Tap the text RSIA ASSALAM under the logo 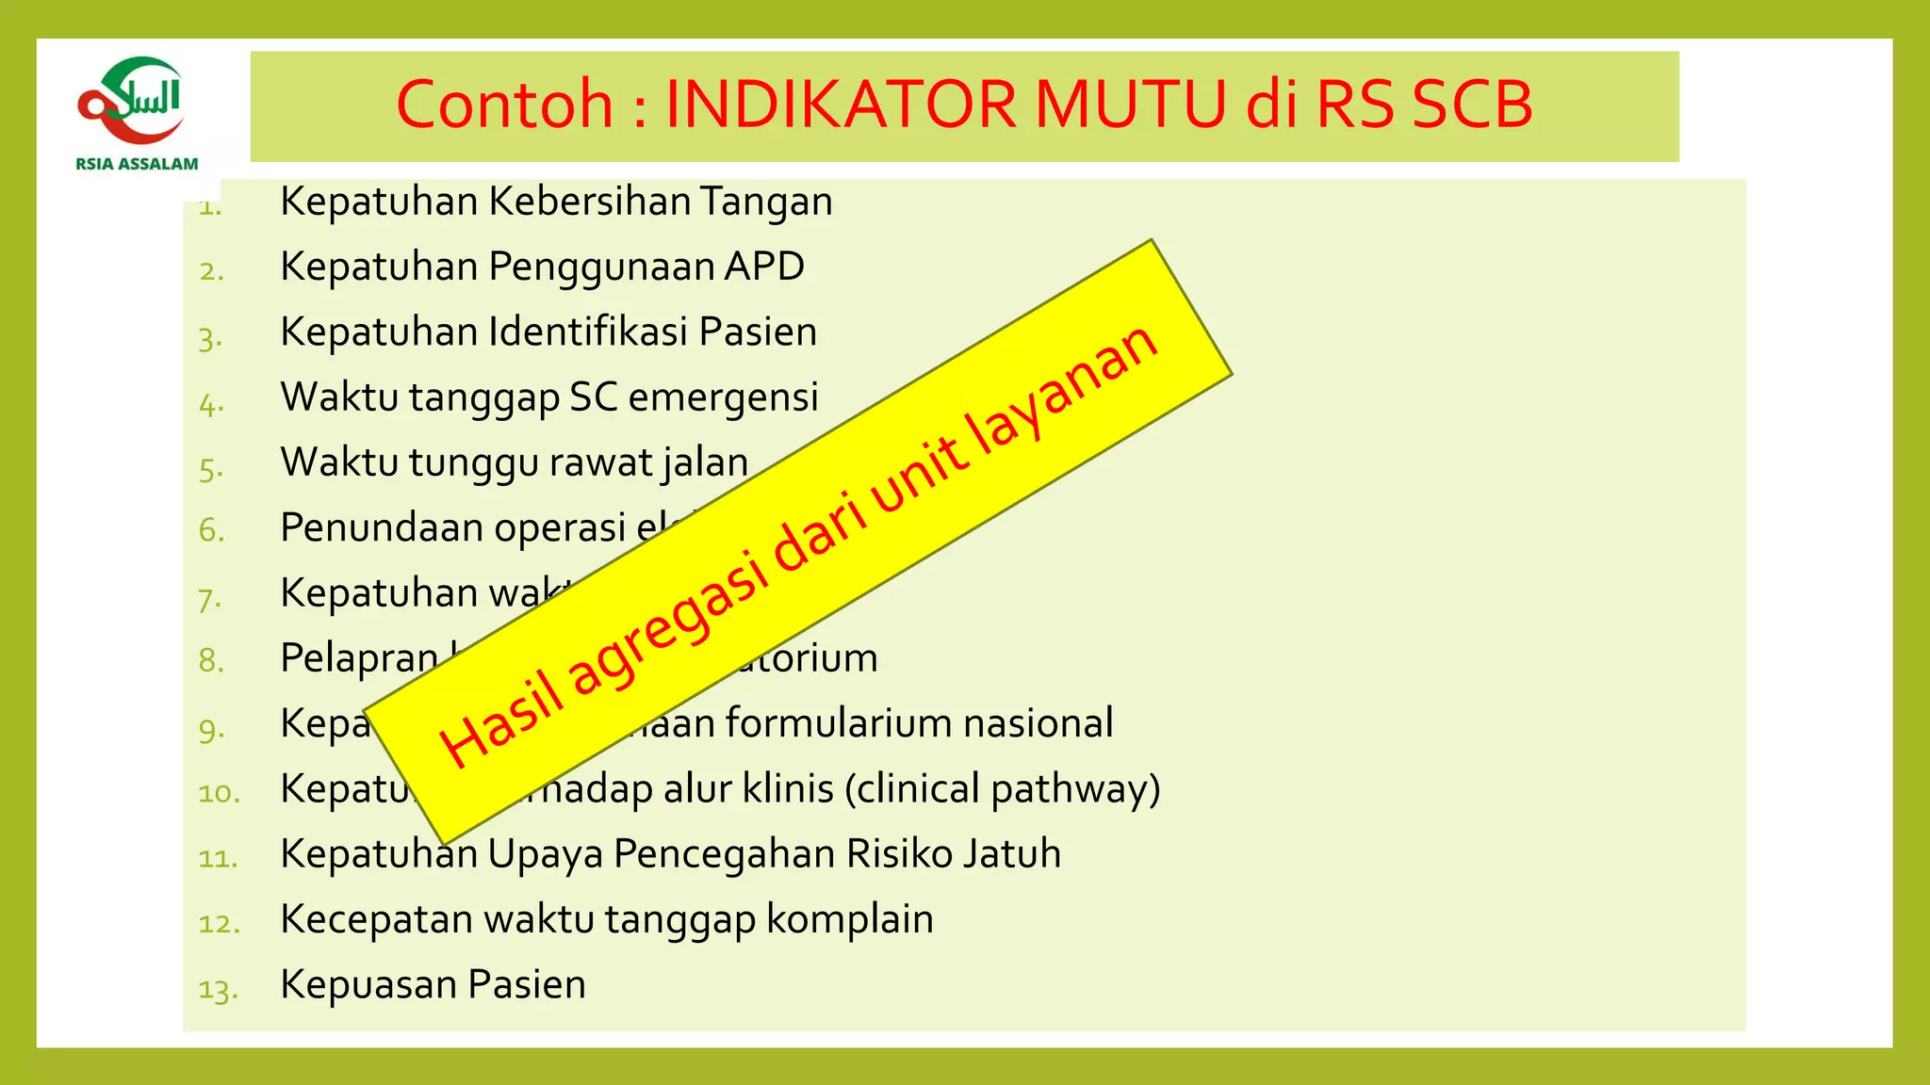click(138, 164)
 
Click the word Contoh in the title click(504, 104)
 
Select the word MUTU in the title click(1130, 104)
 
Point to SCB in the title click(1472, 104)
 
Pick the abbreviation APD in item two click(763, 267)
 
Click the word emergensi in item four click(723, 397)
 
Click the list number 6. click(211, 530)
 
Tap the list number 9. click(211, 728)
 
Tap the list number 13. click(218, 990)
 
